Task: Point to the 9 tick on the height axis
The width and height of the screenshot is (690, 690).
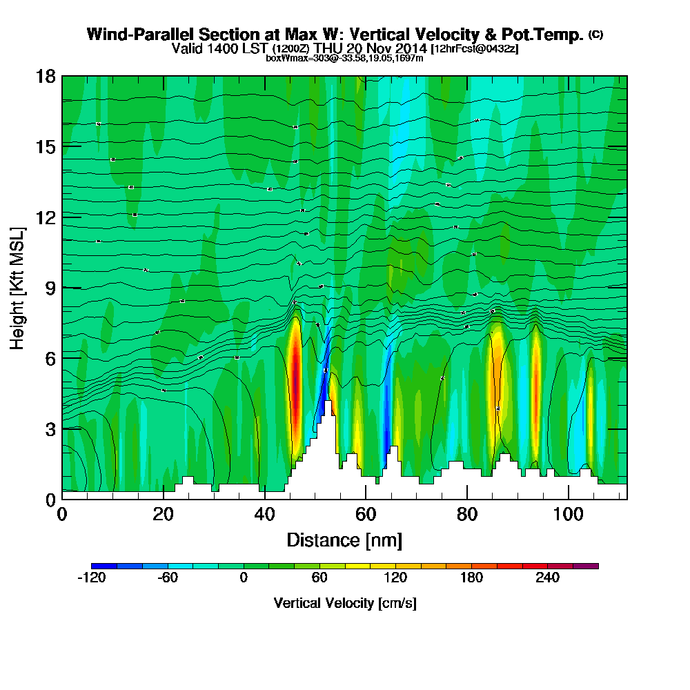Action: [62, 288]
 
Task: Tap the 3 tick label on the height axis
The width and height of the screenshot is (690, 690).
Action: [50, 428]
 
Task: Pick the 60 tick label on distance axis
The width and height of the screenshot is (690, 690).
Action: [366, 514]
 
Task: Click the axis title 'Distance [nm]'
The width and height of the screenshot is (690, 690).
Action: [344, 540]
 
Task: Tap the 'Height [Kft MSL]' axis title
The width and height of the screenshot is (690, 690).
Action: [18, 287]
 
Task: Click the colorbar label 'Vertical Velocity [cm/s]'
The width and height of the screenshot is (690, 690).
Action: [345, 603]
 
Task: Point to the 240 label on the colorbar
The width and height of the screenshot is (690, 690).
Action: [547, 578]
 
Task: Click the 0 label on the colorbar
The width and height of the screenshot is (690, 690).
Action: [244, 578]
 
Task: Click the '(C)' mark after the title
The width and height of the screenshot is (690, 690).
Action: [595, 34]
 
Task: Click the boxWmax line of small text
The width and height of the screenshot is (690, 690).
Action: [344, 58]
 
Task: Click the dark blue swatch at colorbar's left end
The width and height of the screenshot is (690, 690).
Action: [104, 566]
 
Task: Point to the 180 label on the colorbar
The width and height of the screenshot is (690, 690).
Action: [471, 578]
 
